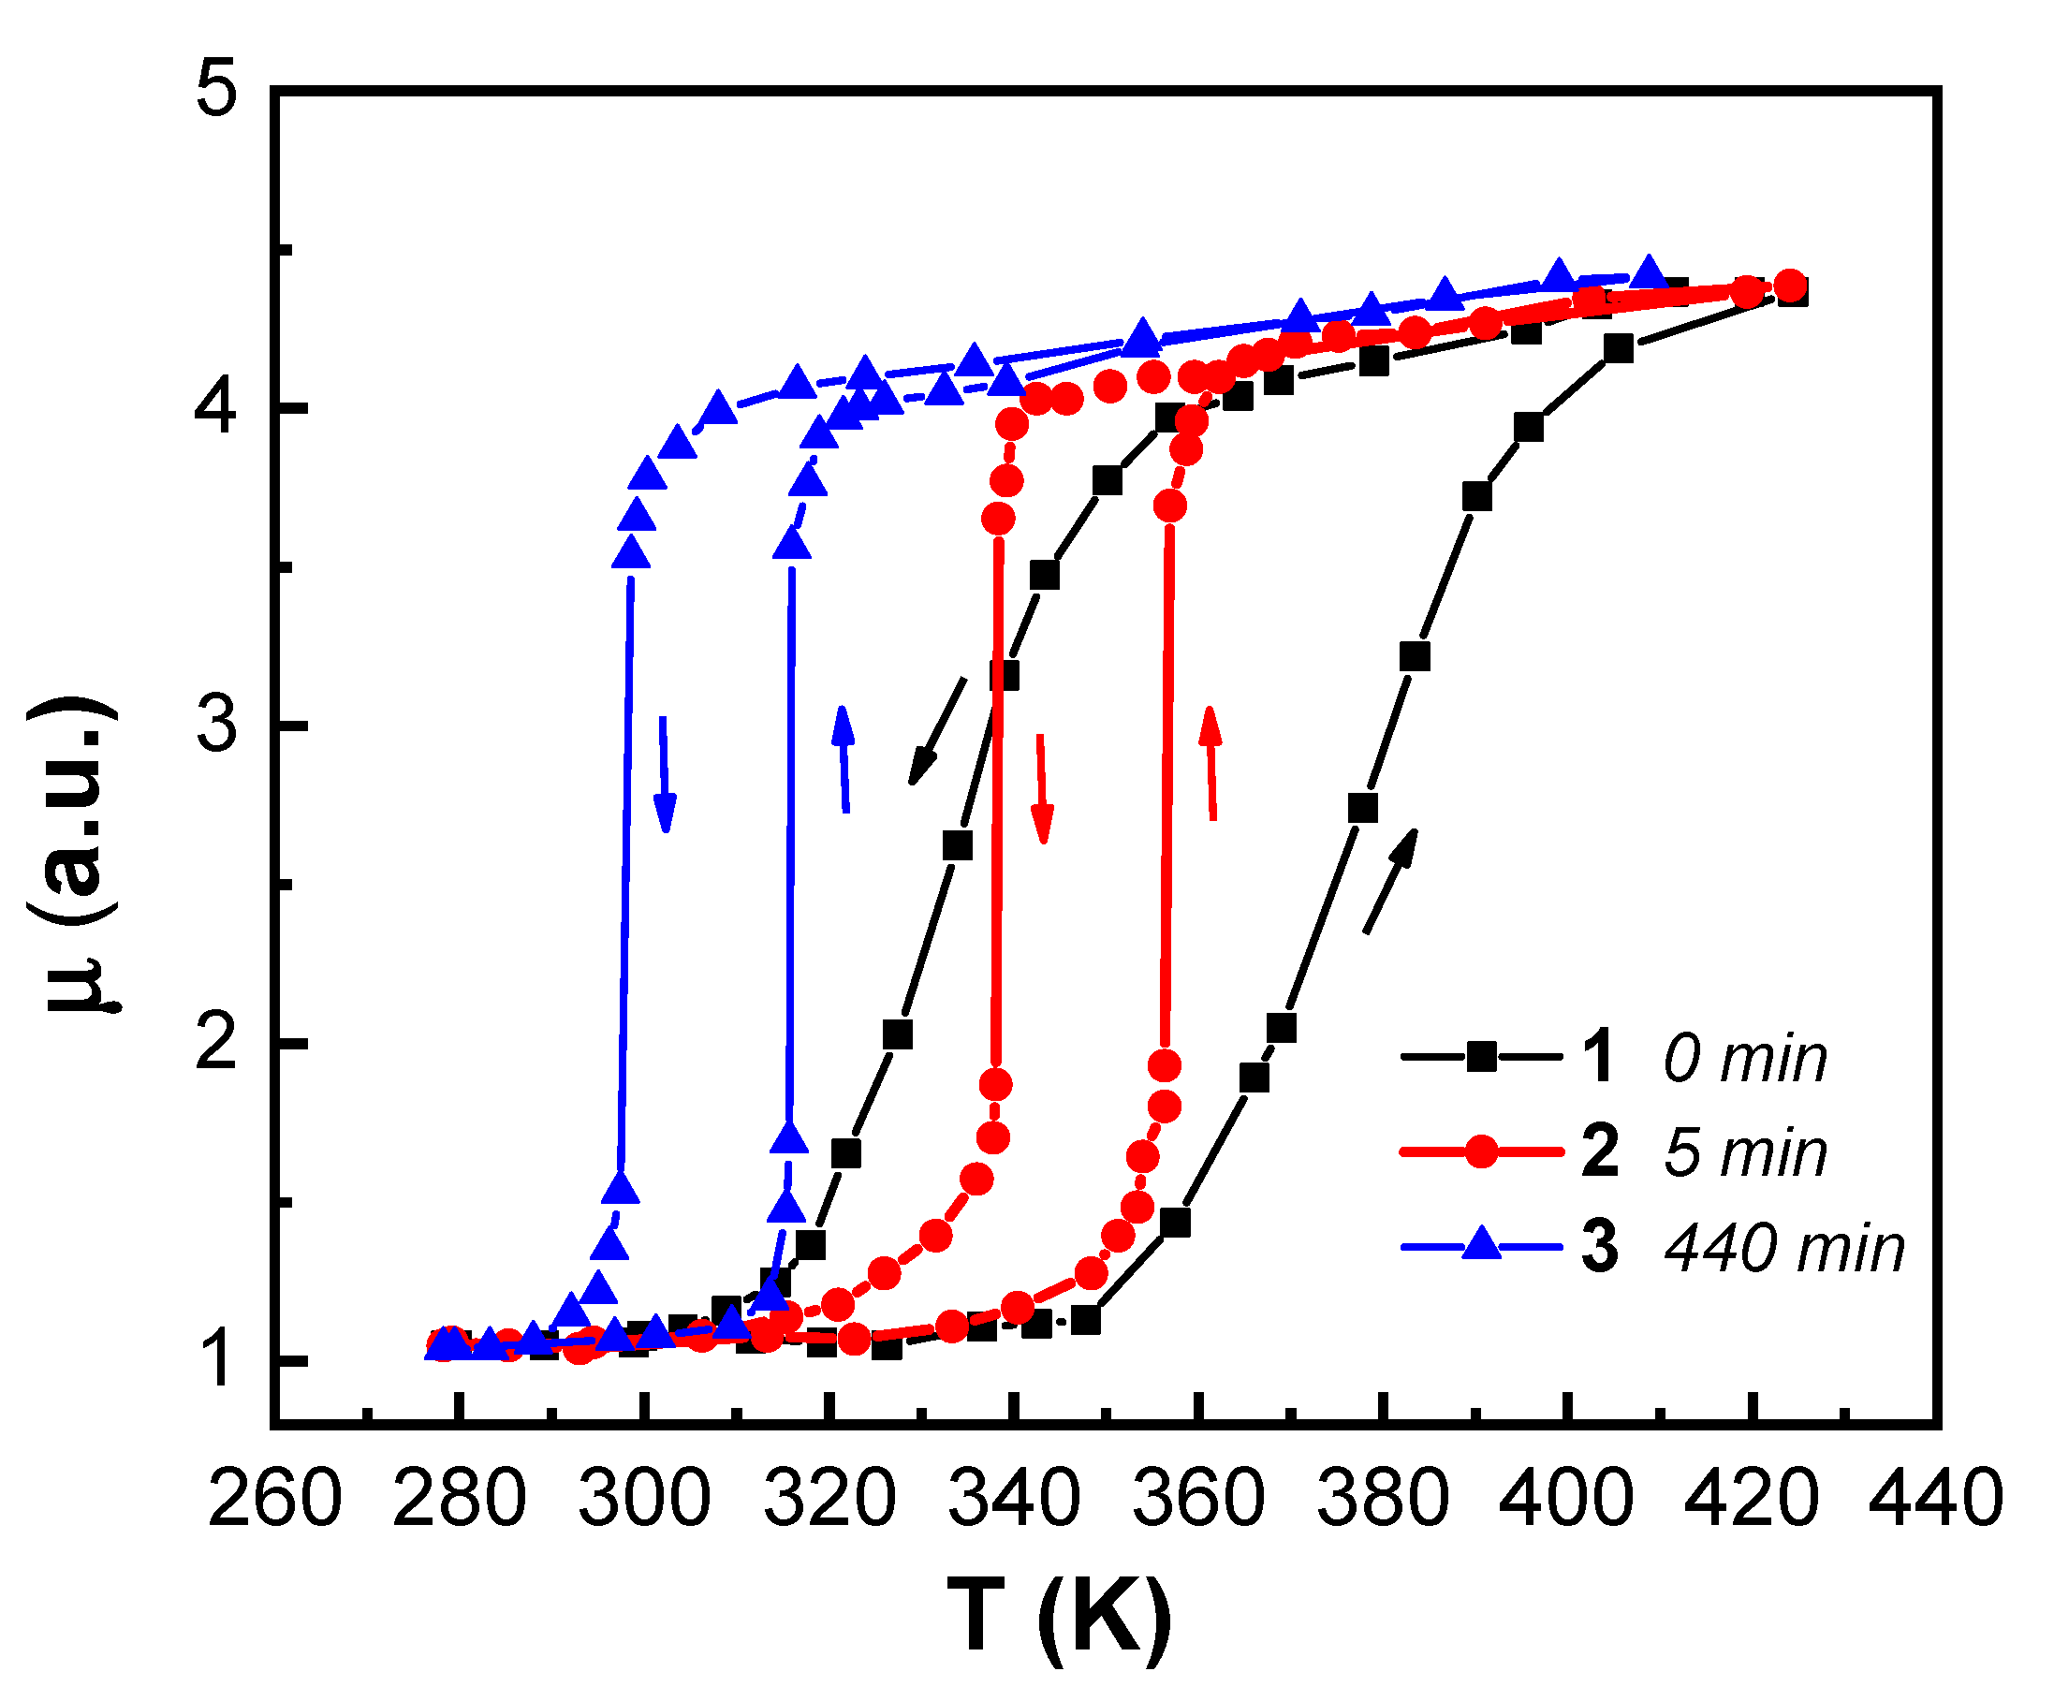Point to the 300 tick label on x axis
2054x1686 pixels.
pos(644,1499)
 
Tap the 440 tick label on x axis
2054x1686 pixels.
pos(1935,1499)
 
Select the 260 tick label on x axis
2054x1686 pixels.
pos(275,1499)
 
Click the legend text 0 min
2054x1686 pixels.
pos(1745,1059)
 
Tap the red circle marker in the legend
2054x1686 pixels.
pos(1481,1151)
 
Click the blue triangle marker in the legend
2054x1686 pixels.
pos(1481,1245)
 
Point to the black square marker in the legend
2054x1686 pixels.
pos(1481,1057)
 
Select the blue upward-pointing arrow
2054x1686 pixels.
pos(844,758)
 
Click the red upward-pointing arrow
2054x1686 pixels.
pos(1211,763)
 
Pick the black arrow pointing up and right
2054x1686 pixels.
pos(1390,881)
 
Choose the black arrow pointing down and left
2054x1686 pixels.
pos(937,730)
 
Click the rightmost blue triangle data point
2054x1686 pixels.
pos(1648,274)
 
